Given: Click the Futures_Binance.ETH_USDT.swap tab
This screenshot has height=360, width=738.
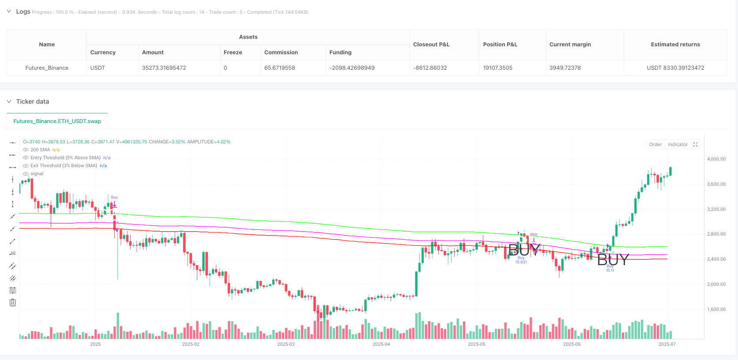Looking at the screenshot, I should pyautogui.click(x=57, y=121).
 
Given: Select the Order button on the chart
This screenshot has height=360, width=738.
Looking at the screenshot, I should pyautogui.click(x=655, y=145).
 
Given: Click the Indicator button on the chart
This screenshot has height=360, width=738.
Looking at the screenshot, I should pyautogui.click(x=678, y=145).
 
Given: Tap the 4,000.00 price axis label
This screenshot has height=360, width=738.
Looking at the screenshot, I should pyautogui.click(x=716, y=159).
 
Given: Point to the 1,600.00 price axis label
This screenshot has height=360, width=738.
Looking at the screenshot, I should pyautogui.click(x=716, y=309).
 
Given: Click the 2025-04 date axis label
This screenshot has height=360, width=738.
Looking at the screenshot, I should pyautogui.click(x=381, y=344).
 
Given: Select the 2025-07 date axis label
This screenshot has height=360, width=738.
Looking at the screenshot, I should pyautogui.click(x=666, y=344).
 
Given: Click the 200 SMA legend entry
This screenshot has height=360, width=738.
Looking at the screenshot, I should pyautogui.click(x=40, y=150).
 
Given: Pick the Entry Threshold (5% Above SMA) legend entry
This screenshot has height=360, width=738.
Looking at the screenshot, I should pyautogui.click(x=65, y=158).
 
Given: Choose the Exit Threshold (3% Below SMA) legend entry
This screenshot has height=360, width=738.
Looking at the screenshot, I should pyautogui.click(x=64, y=166).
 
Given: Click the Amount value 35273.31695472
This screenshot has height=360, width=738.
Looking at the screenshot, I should pyautogui.click(x=164, y=68).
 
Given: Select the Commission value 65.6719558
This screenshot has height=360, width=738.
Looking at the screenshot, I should pyautogui.click(x=279, y=68).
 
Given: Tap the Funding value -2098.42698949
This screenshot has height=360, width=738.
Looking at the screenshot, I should pyautogui.click(x=352, y=68).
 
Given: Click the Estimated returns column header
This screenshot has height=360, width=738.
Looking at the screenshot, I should pyautogui.click(x=675, y=45).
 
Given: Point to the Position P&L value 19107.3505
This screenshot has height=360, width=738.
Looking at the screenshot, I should pyautogui.click(x=497, y=68).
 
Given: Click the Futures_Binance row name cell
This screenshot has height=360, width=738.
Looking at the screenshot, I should pyautogui.click(x=47, y=68).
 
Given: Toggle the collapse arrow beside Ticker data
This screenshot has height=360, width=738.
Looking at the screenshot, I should pyautogui.click(x=9, y=101).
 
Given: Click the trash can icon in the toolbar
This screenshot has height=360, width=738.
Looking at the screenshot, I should pyautogui.click(x=13, y=303).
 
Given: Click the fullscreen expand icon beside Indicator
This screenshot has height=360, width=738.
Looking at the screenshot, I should pyautogui.click(x=695, y=145).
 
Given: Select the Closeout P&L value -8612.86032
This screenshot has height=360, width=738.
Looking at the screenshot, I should pyautogui.click(x=430, y=68).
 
